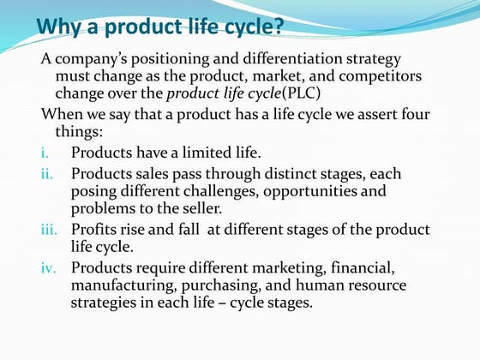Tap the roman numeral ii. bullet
(48, 174)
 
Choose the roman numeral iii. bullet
(49, 231)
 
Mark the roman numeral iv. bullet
(49, 268)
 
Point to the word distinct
(286, 173)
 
